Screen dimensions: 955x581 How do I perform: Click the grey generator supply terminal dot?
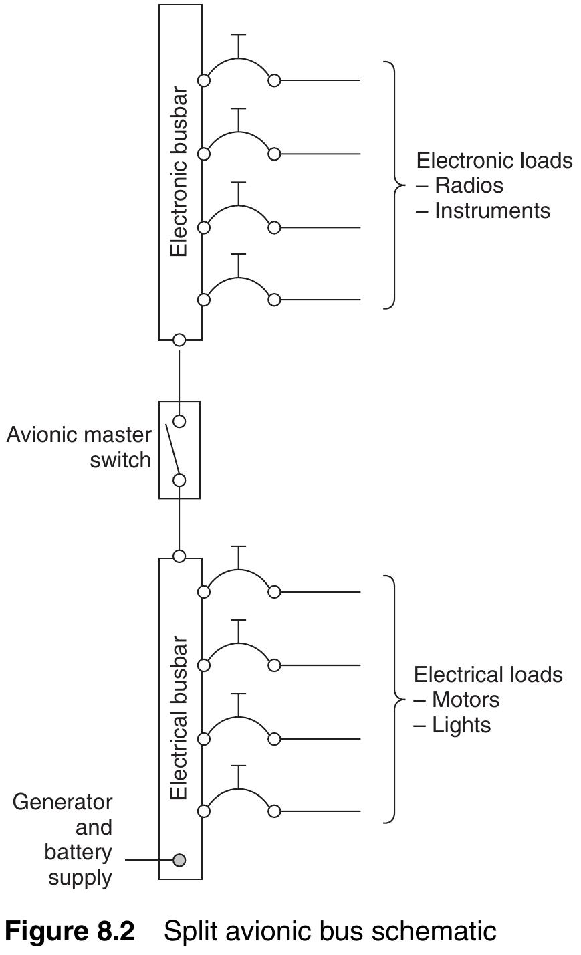click(x=179, y=859)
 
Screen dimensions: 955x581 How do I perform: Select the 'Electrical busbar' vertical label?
click(x=179, y=718)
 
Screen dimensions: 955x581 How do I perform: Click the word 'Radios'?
click(x=468, y=185)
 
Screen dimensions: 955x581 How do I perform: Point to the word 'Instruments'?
click(x=492, y=211)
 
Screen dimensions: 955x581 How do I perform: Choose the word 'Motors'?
click(x=465, y=700)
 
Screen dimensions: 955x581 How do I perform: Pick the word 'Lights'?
click(x=461, y=725)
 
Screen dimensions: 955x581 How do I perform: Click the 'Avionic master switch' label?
click(x=80, y=447)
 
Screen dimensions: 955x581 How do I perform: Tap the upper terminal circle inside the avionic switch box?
click(x=179, y=421)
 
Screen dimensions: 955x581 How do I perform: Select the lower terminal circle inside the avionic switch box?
click(x=179, y=480)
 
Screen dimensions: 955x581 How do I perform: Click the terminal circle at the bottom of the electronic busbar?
click(x=179, y=340)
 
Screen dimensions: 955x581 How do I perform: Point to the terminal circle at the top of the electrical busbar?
click(x=179, y=556)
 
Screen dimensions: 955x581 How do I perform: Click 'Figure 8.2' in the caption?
click(x=70, y=931)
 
